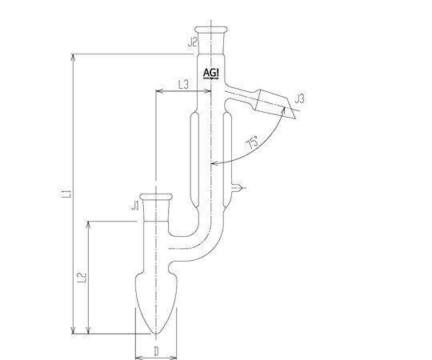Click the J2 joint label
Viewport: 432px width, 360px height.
(x=193, y=42)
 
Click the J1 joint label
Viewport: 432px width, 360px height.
(x=135, y=206)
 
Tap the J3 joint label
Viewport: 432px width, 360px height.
(x=299, y=98)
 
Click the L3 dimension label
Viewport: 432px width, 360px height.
(x=183, y=84)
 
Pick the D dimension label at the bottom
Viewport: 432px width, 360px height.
(x=156, y=351)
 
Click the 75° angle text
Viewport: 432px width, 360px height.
(x=253, y=142)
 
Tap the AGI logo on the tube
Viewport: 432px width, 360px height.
(x=211, y=74)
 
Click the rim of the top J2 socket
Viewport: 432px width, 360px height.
(x=211, y=30)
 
